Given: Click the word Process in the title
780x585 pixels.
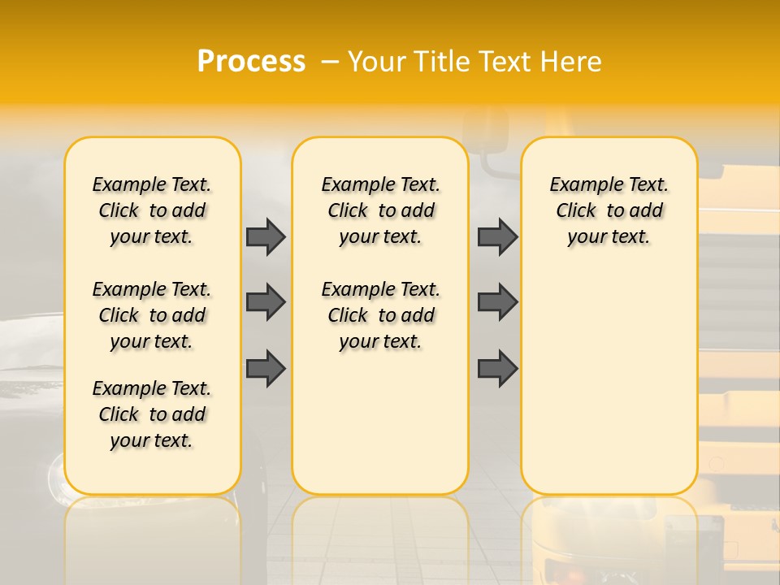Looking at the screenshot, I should [x=251, y=62].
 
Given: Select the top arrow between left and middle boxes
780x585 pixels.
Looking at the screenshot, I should [x=266, y=236].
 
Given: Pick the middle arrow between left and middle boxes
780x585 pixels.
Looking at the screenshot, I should [x=266, y=302].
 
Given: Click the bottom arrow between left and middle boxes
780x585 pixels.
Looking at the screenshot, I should [x=266, y=368].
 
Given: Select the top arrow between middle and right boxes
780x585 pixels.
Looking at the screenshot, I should [x=497, y=236].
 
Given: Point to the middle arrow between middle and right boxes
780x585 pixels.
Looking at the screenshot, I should [x=497, y=302].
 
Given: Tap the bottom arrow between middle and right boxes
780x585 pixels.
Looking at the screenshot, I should [x=497, y=368].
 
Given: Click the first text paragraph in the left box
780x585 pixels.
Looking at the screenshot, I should [x=152, y=210].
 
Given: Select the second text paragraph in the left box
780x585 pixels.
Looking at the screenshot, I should [x=152, y=315].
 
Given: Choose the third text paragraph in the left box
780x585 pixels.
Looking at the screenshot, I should [x=152, y=414].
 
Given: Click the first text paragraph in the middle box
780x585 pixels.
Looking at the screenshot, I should [x=381, y=210].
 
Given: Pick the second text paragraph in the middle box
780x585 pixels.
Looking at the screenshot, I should [x=381, y=315].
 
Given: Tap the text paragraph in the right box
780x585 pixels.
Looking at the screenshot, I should [x=609, y=210].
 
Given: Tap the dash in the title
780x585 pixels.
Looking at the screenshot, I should [x=331, y=62].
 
